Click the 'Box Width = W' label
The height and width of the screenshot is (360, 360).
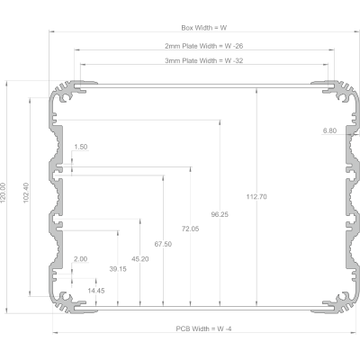coord(204,28)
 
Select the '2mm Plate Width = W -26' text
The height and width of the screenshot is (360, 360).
coord(204,46)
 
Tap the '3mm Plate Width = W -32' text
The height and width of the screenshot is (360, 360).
coord(204,61)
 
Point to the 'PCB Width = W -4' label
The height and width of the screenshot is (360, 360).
coord(203,328)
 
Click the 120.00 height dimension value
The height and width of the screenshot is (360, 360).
coord(3,193)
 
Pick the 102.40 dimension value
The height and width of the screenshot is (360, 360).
coord(26,193)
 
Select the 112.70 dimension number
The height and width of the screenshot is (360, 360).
coord(256,197)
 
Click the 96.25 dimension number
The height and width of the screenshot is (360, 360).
coord(220,214)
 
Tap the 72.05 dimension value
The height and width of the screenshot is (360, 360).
coord(190,229)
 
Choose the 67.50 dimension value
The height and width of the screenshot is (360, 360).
coord(163,244)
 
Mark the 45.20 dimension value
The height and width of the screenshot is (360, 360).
coord(140,259)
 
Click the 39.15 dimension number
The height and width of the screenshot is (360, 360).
coord(118,269)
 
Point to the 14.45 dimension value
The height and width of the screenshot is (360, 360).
coord(96,291)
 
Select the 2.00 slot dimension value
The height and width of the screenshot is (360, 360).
coord(80,259)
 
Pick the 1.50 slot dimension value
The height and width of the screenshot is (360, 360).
coord(81,147)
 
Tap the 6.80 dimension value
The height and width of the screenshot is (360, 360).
coord(329,130)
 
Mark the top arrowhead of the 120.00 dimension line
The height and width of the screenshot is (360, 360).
coord(6,83)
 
